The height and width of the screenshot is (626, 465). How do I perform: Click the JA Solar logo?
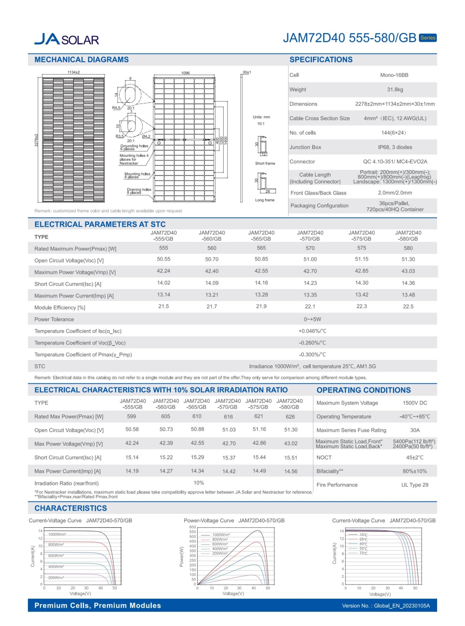click(x=66, y=39)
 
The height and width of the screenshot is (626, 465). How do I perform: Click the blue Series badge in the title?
click(x=428, y=38)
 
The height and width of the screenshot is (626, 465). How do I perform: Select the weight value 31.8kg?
click(x=395, y=89)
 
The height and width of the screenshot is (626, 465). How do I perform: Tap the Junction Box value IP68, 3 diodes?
click(x=395, y=147)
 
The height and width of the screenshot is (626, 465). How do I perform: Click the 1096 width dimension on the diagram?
click(x=186, y=73)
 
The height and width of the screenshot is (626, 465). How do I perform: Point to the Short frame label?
click(x=265, y=163)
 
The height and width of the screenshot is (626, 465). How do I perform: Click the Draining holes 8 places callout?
click(x=139, y=191)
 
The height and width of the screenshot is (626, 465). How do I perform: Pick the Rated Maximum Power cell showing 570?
click(x=310, y=248)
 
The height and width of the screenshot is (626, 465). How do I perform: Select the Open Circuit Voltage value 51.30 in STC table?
click(x=408, y=259)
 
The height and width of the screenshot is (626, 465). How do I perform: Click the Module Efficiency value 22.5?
click(x=408, y=306)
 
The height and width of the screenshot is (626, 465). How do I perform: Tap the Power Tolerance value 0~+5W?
click(x=312, y=319)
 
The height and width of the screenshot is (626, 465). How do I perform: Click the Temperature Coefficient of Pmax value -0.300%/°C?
click(x=312, y=354)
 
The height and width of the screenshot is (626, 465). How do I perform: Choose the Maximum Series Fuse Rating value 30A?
click(x=415, y=430)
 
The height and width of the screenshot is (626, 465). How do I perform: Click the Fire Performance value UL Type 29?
click(x=415, y=485)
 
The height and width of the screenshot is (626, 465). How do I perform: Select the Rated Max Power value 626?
click(x=290, y=417)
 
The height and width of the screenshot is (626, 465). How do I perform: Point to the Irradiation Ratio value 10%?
click(x=199, y=483)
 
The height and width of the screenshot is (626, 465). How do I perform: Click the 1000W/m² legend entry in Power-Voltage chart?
click(x=220, y=535)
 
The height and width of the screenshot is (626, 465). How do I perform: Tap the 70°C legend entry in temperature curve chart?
click(x=363, y=553)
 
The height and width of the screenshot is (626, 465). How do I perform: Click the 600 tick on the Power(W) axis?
click(x=193, y=527)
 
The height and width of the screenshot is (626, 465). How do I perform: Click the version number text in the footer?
click(x=386, y=606)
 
